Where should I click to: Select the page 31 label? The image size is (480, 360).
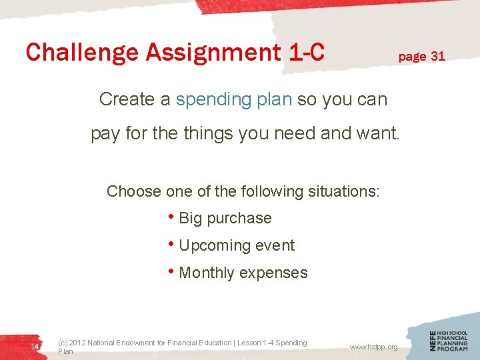[421, 56]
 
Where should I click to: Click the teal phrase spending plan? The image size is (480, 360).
[234, 99]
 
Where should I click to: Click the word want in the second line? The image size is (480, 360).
[377, 133]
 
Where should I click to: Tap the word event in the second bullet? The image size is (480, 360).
[275, 245]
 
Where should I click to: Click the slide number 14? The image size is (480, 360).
[35, 347]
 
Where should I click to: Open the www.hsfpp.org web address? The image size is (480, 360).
[373, 347]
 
